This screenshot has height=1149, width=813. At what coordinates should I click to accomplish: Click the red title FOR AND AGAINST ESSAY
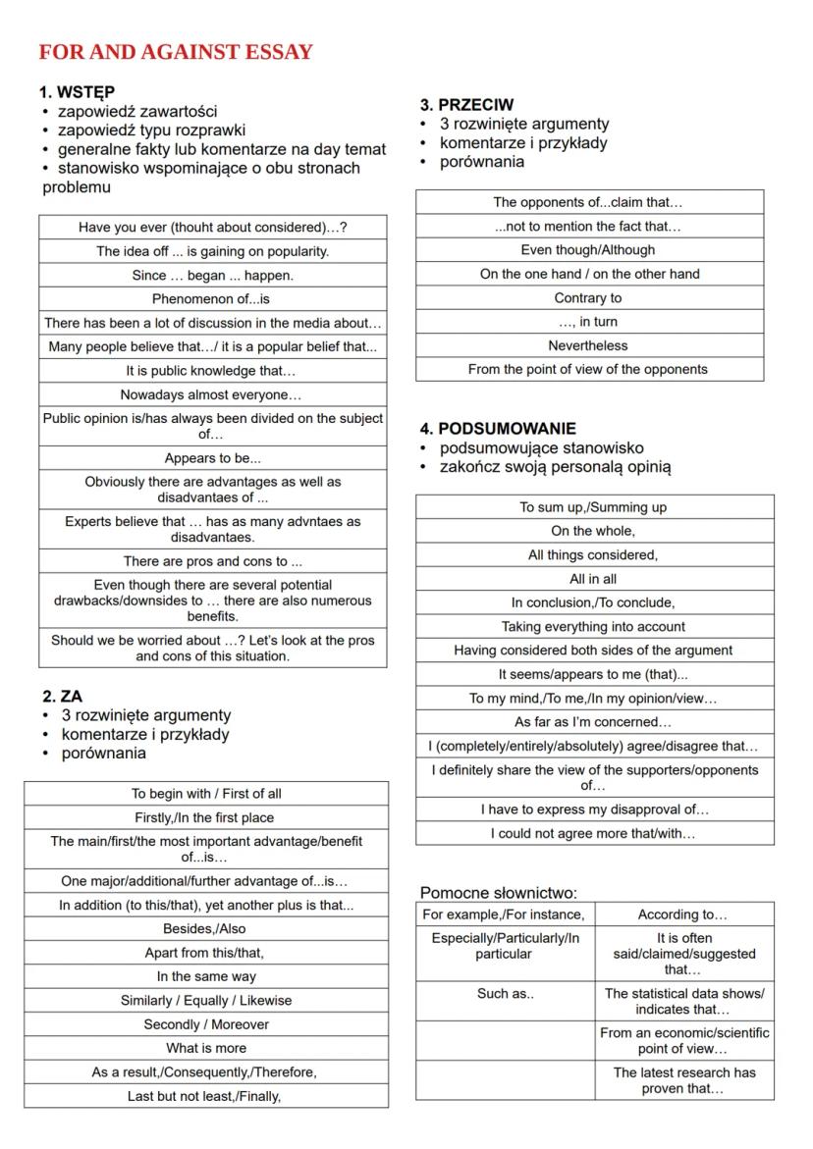coord(176,52)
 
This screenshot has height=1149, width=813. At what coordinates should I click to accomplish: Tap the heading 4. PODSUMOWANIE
coord(498,429)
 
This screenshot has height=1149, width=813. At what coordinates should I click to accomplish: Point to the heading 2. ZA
coord(63,697)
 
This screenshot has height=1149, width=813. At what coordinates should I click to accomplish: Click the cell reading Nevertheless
coord(588,345)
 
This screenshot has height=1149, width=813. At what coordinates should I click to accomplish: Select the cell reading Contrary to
coord(588,298)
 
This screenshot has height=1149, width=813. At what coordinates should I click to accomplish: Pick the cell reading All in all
coord(593,579)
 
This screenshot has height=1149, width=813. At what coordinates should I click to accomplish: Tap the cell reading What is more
coord(205,1048)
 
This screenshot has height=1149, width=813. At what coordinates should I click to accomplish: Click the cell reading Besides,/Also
coord(205,928)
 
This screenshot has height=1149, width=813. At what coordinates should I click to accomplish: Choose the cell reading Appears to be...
coord(212,458)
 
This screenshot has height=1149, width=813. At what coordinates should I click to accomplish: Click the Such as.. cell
coord(505,993)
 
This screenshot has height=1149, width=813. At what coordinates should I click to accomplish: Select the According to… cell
coord(682,914)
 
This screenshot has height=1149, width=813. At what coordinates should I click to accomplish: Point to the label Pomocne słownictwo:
coord(498,893)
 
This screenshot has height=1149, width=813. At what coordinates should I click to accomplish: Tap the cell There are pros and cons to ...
coord(212,561)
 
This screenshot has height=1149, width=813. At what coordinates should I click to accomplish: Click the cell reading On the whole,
coord(593,531)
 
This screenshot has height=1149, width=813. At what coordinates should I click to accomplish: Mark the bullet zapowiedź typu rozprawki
coord(151,131)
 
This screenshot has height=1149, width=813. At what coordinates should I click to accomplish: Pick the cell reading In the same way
coord(205,976)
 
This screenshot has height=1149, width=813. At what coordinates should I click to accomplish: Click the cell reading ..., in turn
coord(588,322)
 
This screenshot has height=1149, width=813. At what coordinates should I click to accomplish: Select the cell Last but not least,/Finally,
coord(205,1096)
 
